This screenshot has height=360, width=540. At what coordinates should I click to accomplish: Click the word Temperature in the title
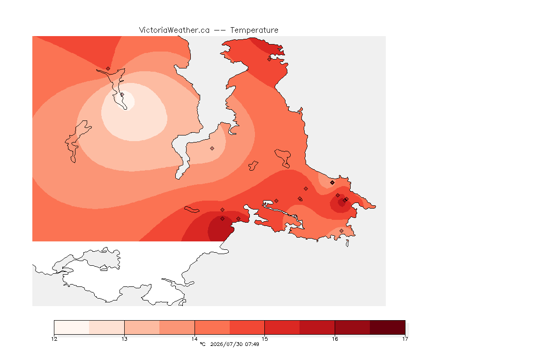click(x=254, y=30)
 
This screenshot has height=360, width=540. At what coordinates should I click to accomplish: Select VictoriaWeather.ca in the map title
click(x=174, y=30)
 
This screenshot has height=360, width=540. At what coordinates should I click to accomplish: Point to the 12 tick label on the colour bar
click(x=54, y=339)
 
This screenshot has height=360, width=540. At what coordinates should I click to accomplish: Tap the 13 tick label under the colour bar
click(x=124, y=339)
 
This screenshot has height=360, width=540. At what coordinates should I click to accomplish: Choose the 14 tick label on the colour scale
click(x=195, y=339)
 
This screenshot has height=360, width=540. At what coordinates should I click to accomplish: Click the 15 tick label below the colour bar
click(x=264, y=339)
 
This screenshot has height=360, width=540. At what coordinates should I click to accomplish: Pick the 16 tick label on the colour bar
click(x=335, y=339)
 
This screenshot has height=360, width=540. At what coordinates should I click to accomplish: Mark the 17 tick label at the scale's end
click(x=405, y=339)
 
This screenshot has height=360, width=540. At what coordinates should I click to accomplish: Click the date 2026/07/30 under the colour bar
click(x=226, y=344)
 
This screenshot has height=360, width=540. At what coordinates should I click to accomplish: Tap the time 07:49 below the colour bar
click(x=252, y=344)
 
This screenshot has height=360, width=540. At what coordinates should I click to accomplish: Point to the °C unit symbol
click(x=202, y=344)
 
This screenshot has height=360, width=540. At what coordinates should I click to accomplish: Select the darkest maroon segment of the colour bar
click(x=388, y=327)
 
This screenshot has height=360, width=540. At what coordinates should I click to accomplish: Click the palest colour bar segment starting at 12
click(x=72, y=327)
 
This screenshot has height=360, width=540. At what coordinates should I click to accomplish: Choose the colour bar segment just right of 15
click(x=282, y=327)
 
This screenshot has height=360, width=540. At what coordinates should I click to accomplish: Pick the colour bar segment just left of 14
click(x=177, y=327)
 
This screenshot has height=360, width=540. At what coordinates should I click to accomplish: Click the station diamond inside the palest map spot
click(x=122, y=94)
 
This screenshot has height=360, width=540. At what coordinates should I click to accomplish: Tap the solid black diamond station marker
click(x=332, y=183)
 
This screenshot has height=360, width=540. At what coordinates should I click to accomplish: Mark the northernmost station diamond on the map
click(x=270, y=59)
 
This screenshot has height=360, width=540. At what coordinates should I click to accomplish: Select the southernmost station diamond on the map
click(x=341, y=231)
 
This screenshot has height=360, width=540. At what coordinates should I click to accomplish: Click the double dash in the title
click(x=220, y=30)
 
